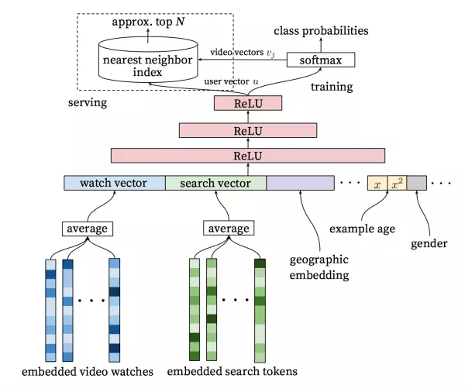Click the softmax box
pos(320,60)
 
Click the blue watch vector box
pos(114,184)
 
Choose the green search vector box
pos(215,184)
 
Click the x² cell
pos(396,184)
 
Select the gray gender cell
pos(416,184)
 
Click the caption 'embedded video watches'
pos(88,371)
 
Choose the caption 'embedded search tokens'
pos(232,371)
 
